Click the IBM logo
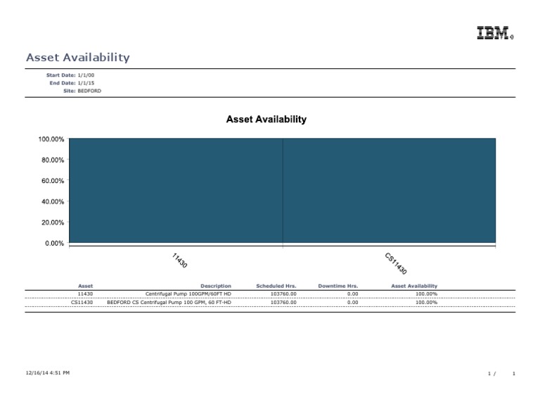click(494, 33)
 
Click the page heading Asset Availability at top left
click(77, 58)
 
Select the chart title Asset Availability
click(266, 120)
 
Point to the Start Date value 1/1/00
click(86, 75)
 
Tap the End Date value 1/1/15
click(86, 82)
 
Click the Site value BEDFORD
click(89, 91)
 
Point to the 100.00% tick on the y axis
click(51, 139)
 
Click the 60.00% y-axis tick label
click(51, 181)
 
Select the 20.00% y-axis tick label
click(51, 222)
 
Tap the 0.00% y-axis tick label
click(53, 243)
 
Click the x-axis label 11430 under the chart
click(179, 260)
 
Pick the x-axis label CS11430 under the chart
click(396, 263)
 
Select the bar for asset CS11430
click(389, 191)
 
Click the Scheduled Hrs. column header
click(276, 286)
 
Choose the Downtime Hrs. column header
click(338, 286)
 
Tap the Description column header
click(215, 286)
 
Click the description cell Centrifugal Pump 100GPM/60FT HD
click(188, 293)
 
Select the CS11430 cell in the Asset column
click(82, 302)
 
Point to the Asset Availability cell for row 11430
click(426, 293)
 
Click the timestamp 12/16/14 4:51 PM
click(47, 372)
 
